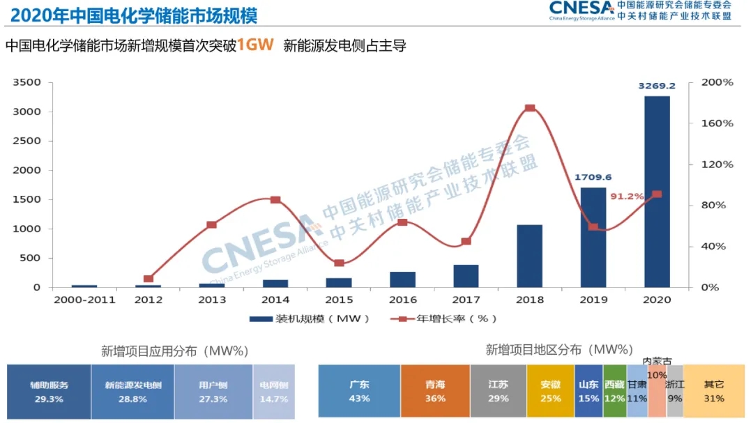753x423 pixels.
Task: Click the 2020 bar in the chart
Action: [657, 192]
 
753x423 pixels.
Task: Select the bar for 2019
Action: [593, 237]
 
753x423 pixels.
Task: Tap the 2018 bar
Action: [530, 256]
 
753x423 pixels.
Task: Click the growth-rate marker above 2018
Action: [530, 108]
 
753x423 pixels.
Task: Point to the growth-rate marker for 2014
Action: [275, 200]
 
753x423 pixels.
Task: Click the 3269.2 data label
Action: [657, 86]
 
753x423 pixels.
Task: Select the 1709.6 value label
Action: [593, 177]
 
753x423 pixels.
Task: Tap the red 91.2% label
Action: [627, 197]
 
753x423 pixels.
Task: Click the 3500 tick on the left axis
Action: [27, 82]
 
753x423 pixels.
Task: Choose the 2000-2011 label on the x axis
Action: [84, 299]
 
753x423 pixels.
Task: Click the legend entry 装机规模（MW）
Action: [310, 319]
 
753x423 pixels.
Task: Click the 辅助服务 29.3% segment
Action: [49, 392]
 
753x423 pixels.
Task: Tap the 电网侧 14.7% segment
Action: [273, 392]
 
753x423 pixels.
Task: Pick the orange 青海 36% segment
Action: [435, 392]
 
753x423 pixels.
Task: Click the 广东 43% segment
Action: [359, 392]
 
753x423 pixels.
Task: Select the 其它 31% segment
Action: [714, 392]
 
